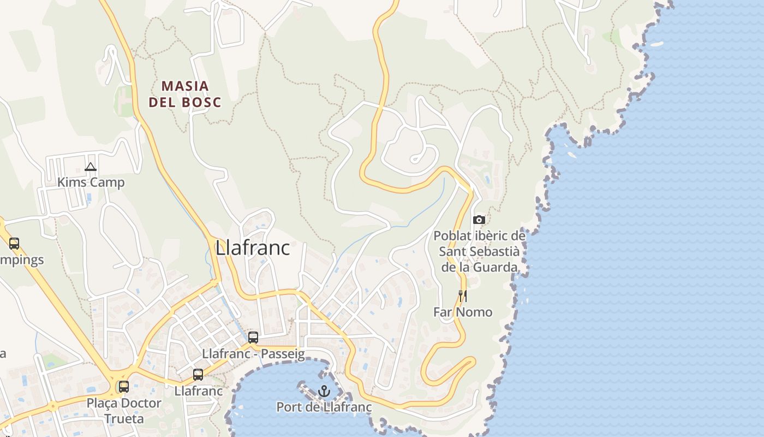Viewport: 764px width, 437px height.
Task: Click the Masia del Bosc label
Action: [x=185, y=94]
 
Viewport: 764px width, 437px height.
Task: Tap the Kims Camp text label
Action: [x=91, y=182]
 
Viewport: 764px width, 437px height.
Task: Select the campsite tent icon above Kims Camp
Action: [x=91, y=167]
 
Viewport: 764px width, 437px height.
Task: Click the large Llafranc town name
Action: [x=253, y=247]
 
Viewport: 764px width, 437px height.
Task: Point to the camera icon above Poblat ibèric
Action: [x=479, y=220]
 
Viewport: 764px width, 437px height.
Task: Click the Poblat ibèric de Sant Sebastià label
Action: [x=480, y=252]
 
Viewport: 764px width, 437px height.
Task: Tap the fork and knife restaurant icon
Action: [x=463, y=296]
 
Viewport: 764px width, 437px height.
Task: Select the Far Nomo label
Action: [x=463, y=312]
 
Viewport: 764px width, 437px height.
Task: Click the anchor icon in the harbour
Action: [x=324, y=391]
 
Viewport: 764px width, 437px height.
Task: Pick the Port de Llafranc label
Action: [x=324, y=407]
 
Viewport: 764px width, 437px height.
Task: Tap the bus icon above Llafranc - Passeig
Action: [x=253, y=338]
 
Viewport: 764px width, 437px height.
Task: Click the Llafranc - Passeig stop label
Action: [x=253, y=354]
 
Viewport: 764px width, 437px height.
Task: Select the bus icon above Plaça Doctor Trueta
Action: [x=124, y=387]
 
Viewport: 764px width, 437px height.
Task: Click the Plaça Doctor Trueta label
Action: [x=124, y=411]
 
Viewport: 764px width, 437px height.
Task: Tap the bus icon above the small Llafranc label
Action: [x=198, y=375]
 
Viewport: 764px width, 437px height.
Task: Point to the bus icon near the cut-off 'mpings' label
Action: [x=14, y=244]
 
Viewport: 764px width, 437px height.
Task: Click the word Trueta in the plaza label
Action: [x=124, y=419]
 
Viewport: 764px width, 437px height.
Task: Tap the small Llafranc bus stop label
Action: [x=199, y=391]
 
